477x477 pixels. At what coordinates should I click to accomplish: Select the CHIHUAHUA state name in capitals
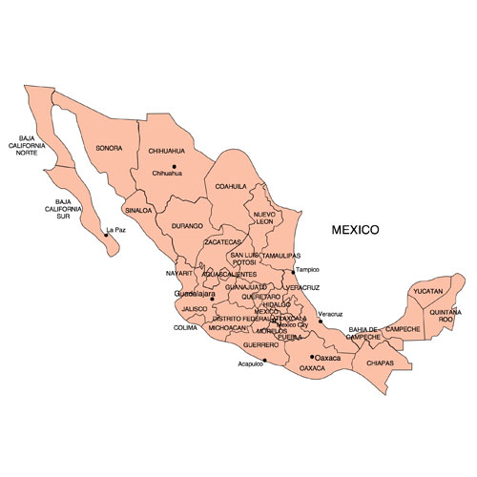pyautogui.click(x=166, y=150)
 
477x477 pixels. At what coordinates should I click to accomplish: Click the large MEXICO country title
pyautogui.click(x=356, y=230)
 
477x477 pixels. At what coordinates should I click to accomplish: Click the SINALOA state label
pyautogui.click(x=137, y=210)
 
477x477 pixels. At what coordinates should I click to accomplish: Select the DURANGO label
pyautogui.click(x=187, y=226)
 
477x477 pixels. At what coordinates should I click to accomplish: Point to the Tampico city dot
pyautogui.click(x=294, y=271)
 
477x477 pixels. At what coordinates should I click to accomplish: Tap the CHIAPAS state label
pyautogui.click(x=380, y=363)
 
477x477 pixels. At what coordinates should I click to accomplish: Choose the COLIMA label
pyautogui.click(x=185, y=327)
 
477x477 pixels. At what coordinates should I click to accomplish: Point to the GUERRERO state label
pyautogui.click(x=260, y=343)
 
